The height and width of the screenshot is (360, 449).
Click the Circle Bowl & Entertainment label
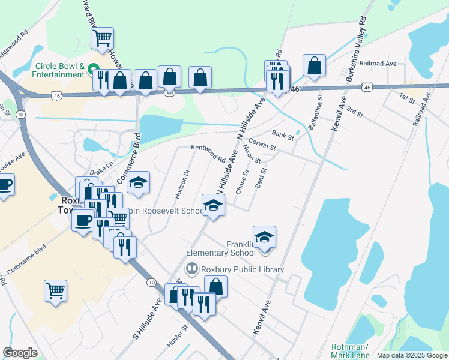(50, 70)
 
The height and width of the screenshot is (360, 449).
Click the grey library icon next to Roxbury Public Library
(193, 269)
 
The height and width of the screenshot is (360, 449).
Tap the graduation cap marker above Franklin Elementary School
(264, 237)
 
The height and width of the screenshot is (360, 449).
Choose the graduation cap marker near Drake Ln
(139, 183)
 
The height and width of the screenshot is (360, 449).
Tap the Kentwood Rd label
(208, 154)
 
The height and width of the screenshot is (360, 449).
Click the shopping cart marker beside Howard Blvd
(103, 38)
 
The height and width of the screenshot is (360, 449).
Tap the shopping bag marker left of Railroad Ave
(314, 66)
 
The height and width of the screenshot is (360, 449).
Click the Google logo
(20, 352)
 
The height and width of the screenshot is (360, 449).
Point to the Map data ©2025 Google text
(411, 355)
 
